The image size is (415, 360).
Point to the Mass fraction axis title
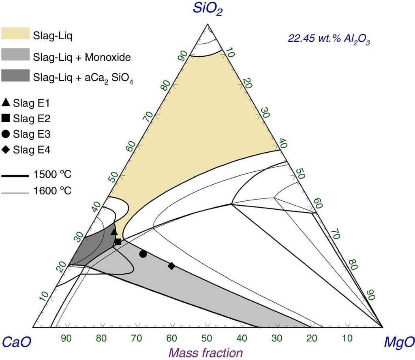pos(206,352)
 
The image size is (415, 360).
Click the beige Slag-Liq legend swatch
pos(15,34)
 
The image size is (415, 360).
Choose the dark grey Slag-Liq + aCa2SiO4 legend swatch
pos(15,75)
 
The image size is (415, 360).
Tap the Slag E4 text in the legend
pos(32,150)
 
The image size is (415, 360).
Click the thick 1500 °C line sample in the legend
pos(15,176)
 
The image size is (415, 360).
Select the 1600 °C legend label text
pos(53,191)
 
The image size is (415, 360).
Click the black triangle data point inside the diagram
pos(114,232)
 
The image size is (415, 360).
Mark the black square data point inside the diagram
pos(118,242)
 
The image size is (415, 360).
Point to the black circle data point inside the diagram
pos(143,254)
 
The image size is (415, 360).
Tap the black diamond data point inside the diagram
pos(171,266)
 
